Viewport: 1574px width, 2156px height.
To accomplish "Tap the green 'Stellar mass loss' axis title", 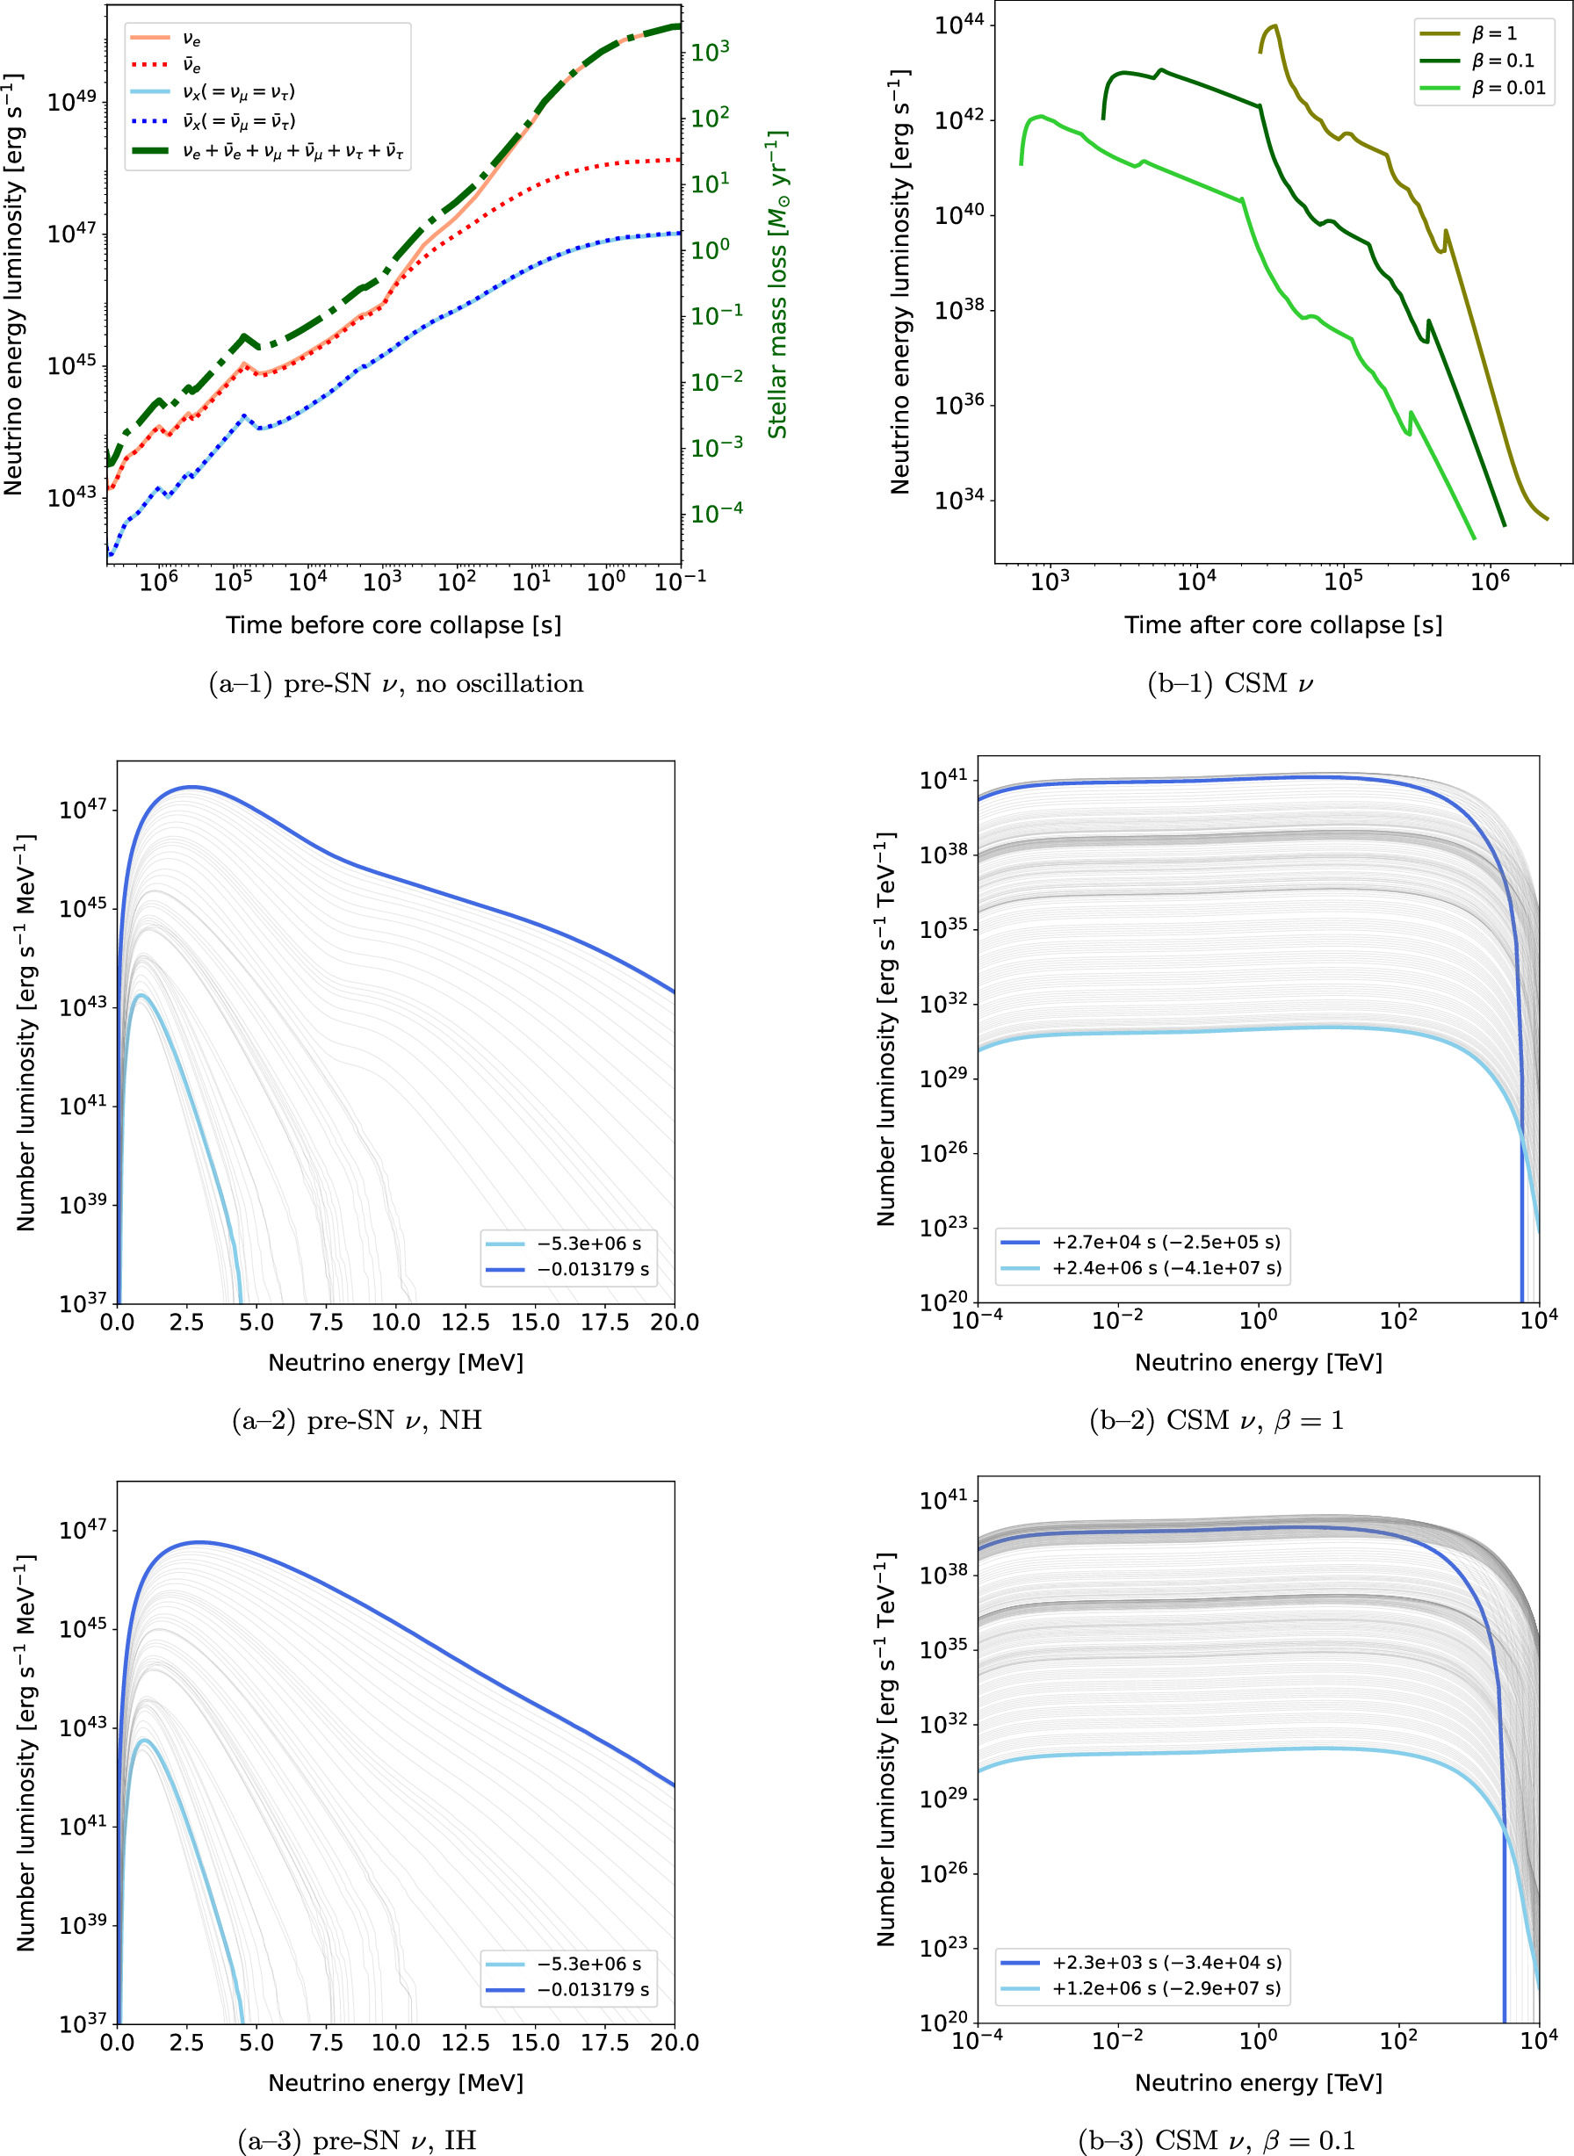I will [x=778, y=284].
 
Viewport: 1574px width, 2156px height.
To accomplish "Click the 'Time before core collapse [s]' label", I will [x=393, y=625].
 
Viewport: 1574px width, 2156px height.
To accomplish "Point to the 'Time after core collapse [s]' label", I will [x=1282, y=625].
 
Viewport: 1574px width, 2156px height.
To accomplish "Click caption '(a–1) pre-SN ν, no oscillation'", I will [x=395, y=684].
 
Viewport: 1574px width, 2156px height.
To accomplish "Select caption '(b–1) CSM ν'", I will [x=1230, y=684].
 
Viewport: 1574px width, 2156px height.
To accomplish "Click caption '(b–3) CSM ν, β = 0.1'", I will [x=1216, y=2141].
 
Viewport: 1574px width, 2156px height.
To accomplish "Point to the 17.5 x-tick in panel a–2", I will [x=605, y=1323].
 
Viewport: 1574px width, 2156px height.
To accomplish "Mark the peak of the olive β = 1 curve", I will [x=1274, y=25].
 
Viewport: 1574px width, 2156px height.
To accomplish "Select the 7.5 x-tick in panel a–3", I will [x=326, y=2043].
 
